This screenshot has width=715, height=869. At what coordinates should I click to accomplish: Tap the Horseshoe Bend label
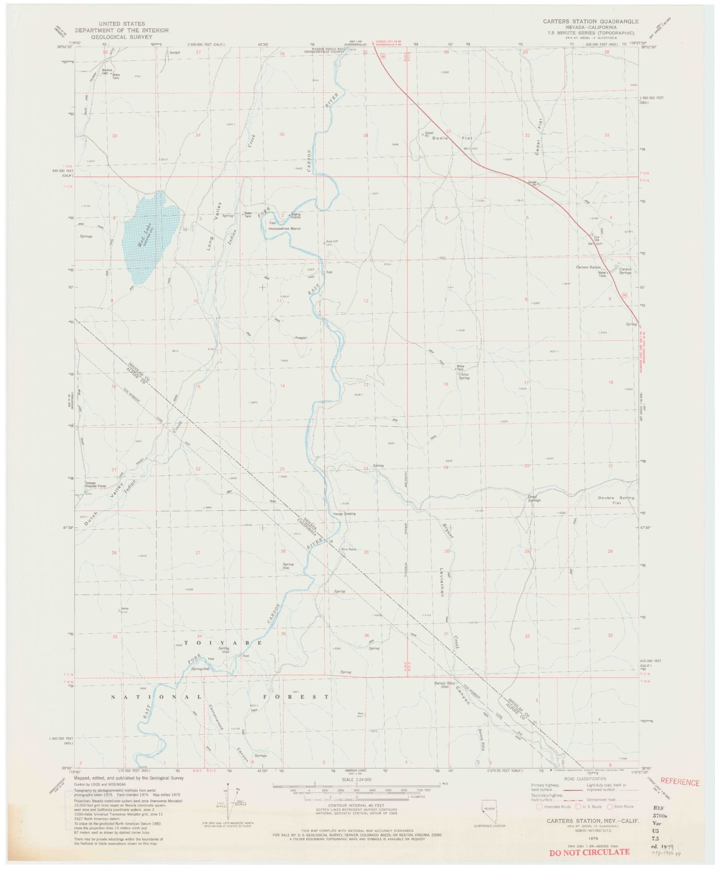click(284, 228)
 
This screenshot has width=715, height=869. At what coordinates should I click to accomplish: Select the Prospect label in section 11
click(301, 337)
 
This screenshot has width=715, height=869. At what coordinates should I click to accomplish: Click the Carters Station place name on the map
click(588, 267)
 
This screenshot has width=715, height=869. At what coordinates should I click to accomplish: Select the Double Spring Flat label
click(616, 500)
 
